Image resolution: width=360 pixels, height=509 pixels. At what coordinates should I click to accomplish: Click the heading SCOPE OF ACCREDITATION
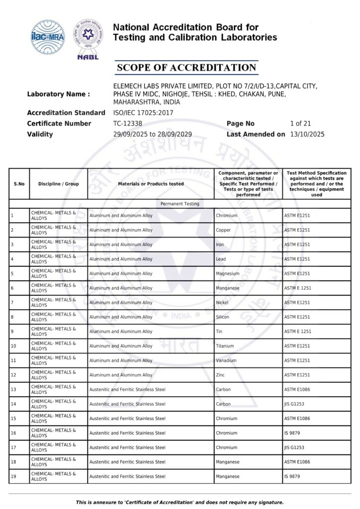[x=186, y=68]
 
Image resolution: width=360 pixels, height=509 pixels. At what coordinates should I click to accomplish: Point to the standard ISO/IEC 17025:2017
[x=143, y=113]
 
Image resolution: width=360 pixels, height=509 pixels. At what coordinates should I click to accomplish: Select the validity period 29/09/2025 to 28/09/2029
[x=153, y=134]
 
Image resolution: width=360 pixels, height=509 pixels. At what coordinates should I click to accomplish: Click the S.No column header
[x=19, y=184]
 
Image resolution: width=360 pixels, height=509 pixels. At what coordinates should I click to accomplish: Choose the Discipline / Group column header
[x=59, y=184]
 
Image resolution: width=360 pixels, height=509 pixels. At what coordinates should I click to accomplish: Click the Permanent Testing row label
[x=180, y=204]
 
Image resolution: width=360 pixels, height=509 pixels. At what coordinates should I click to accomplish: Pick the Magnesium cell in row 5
[x=228, y=274]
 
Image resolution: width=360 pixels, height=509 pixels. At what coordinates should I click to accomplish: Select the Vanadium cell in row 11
[x=226, y=360]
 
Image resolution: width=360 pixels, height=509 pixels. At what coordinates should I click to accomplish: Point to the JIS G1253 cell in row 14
[x=294, y=404]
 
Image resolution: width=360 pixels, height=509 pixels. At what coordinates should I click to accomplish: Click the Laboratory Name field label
[x=59, y=94]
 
